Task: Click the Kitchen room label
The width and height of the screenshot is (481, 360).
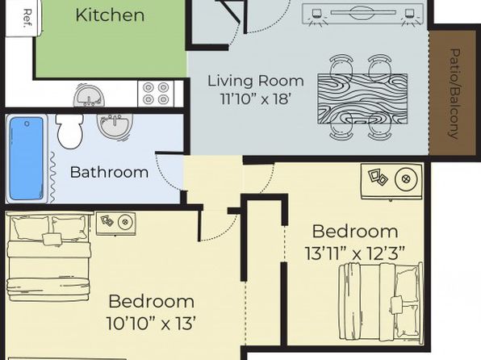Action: (x=110, y=15)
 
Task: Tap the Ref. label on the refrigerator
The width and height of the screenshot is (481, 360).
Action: (x=28, y=19)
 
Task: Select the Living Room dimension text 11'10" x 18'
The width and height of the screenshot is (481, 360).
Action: (x=255, y=98)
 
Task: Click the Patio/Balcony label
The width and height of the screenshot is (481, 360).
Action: (x=454, y=94)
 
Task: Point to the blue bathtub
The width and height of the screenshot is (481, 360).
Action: (x=26, y=159)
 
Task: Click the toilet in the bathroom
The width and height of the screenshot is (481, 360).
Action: (x=70, y=131)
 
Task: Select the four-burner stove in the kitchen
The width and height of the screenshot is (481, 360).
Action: (x=156, y=94)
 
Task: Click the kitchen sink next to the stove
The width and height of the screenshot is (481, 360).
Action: (x=89, y=95)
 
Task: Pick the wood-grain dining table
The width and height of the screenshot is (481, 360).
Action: (x=362, y=98)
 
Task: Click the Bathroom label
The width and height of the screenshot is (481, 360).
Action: (x=109, y=172)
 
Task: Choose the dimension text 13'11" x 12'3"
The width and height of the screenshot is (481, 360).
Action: (x=355, y=253)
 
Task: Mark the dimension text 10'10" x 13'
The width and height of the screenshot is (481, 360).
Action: (x=151, y=323)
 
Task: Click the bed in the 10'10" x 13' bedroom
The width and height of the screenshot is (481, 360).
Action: (x=48, y=257)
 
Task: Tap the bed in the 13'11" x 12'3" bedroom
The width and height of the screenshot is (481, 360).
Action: (x=381, y=303)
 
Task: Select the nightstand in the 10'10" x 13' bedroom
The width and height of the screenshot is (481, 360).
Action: (x=116, y=224)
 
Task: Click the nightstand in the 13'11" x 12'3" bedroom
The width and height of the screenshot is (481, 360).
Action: (x=391, y=182)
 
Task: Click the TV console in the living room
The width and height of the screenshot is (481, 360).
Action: (x=363, y=14)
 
